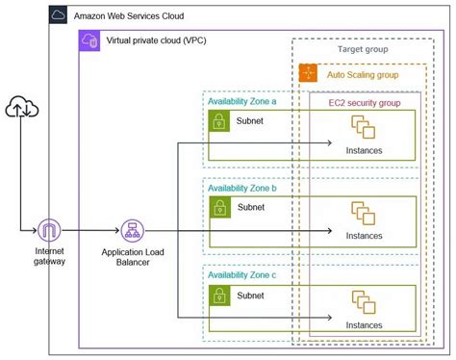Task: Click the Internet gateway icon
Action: pos(49,231)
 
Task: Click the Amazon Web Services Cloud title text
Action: pos(128,16)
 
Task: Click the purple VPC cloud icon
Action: pos(89,41)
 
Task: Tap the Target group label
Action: pos(363,48)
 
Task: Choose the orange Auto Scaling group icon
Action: pos(308,72)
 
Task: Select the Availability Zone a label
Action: pos(242,100)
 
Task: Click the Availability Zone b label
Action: pos(242,189)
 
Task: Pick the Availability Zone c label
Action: pos(242,275)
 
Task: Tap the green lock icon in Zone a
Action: pos(219,121)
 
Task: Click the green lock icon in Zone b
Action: pos(219,209)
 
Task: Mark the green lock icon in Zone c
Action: pos(219,296)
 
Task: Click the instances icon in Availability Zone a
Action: pos(363,127)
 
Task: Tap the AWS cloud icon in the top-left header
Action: pos(59,16)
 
